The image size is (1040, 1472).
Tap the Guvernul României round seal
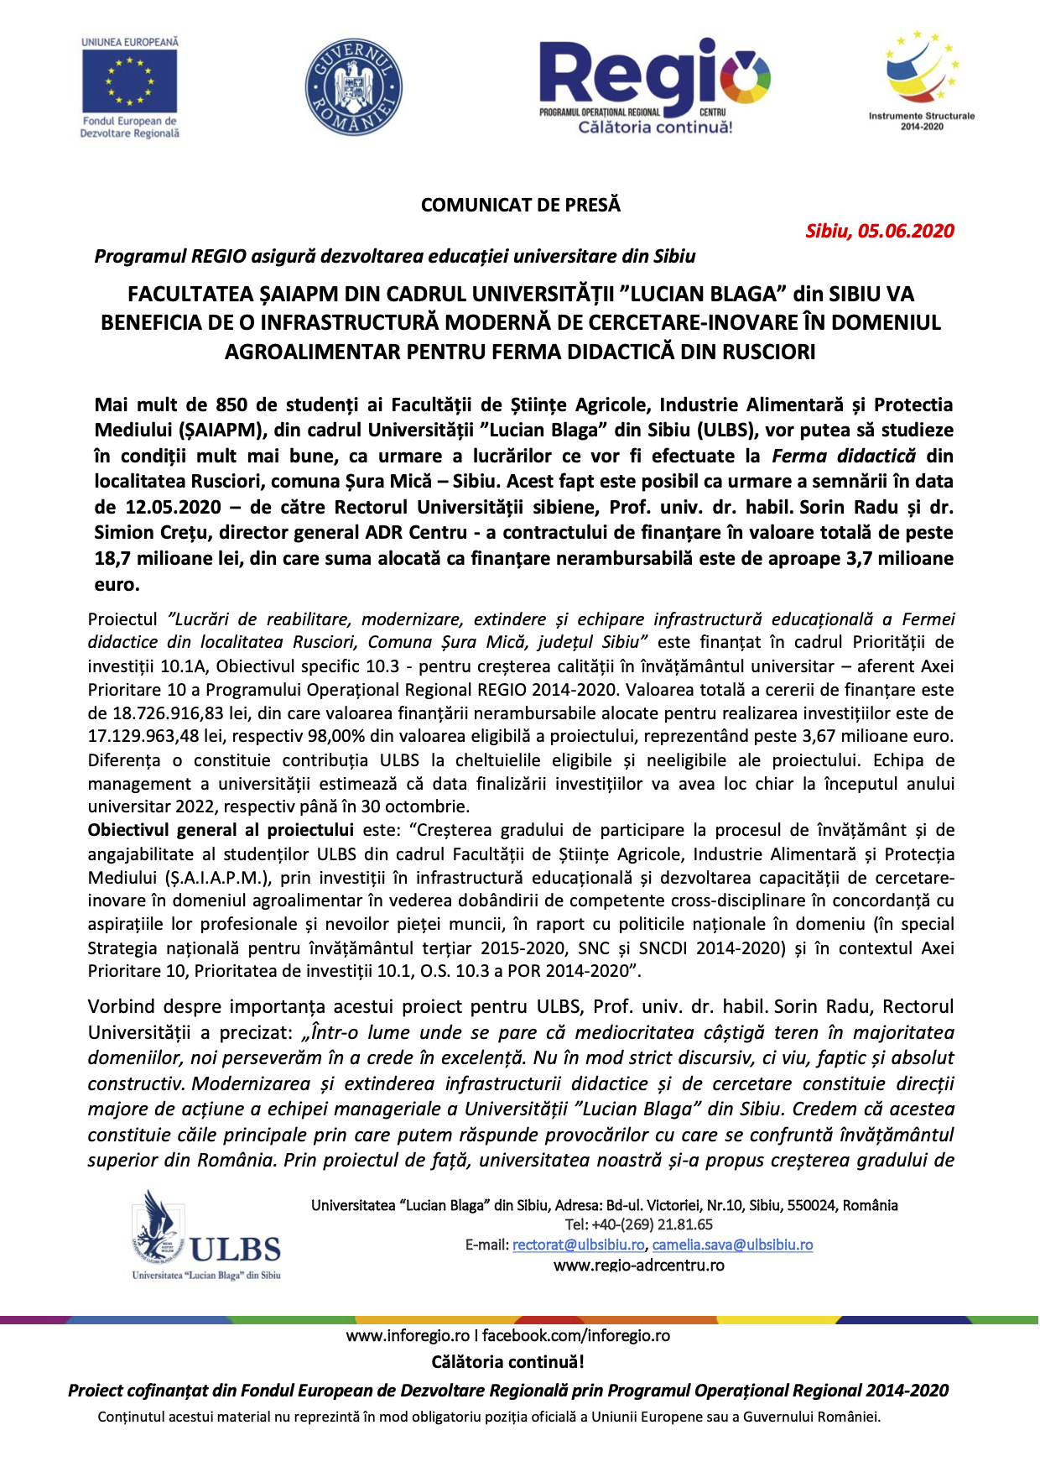click(x=353, y=87)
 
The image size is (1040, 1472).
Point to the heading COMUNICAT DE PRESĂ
click(x=520, y=206)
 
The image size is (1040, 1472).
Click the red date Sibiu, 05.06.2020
click(x=879, y=232)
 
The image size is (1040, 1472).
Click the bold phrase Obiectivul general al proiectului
click(x=221, y=831)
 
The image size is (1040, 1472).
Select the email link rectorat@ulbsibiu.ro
click(x=578, y=1245)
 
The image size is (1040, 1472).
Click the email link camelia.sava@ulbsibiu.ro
click(x=732, y=1245)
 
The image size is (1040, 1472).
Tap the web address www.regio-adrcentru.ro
click(x=638, y=1266)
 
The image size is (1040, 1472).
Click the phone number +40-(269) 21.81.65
click(x=651, y=1225)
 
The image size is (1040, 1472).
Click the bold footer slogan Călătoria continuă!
click(x=507, y=1362)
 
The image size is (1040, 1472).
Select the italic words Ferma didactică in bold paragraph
click(x=844, y=457)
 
